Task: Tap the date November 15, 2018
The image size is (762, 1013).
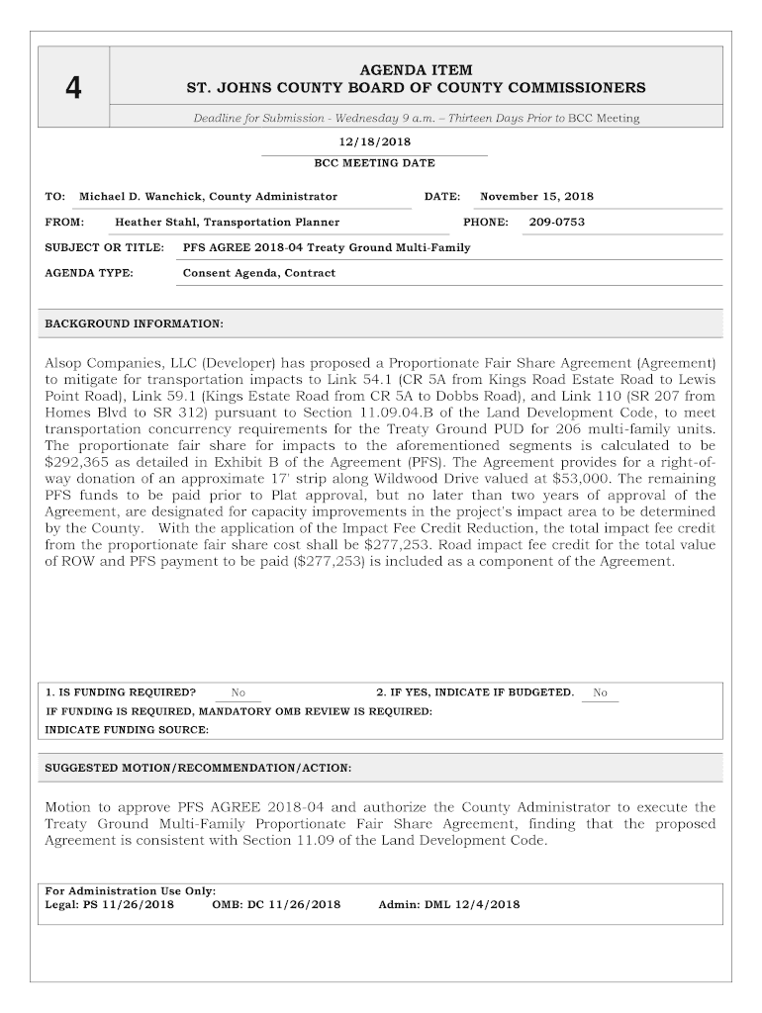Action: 537,197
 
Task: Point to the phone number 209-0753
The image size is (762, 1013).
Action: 556,223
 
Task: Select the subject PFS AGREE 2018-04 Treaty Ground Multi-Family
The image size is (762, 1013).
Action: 327,247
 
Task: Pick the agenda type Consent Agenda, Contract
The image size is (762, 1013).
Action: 259,273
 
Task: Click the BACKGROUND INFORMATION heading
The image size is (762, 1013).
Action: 135,324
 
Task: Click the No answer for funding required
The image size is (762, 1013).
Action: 238,692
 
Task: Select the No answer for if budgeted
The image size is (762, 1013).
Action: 601,692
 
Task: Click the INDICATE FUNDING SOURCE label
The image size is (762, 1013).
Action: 128,730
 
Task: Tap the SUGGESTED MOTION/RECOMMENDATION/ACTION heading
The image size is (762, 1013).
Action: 198,768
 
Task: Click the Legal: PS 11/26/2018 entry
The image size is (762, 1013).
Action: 110,904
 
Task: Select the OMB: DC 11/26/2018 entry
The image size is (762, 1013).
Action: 276,904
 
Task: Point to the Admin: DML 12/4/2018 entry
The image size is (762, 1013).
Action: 449,904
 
